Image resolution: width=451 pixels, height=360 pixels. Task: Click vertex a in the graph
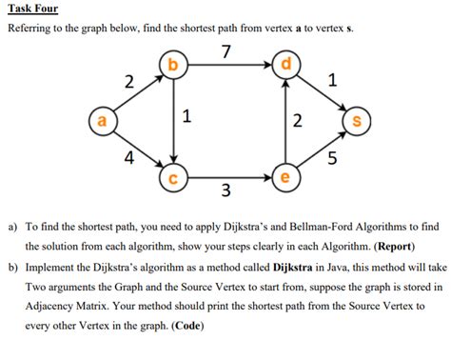97,122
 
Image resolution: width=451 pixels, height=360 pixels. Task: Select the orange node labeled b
172,66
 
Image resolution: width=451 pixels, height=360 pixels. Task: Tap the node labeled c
172,177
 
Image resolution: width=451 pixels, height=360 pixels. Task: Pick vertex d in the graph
284,66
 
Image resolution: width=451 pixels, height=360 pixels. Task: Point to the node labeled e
284,177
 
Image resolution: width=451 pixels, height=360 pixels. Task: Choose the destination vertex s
356,122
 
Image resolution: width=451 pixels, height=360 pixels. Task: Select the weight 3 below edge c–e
225,192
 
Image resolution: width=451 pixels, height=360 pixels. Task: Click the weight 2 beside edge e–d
298,121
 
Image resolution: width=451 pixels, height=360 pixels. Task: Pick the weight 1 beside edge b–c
186,117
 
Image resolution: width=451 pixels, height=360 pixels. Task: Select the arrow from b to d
228,66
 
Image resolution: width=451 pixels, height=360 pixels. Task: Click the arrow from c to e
228,177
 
